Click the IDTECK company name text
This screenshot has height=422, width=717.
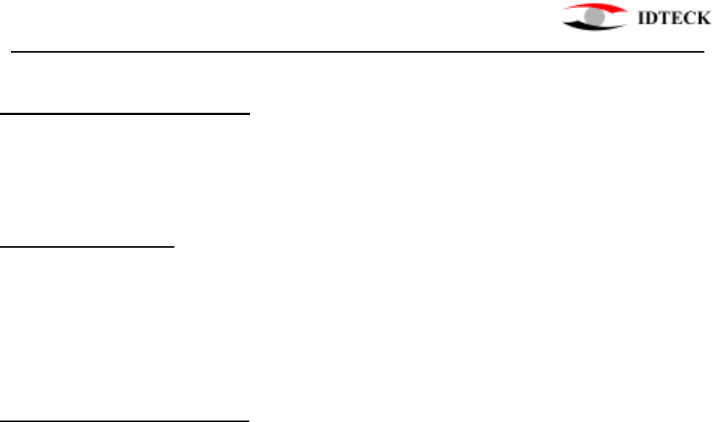pyautogui.click(x=674, y=20)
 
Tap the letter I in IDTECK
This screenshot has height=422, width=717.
pyautogui.click(x=642, y=20)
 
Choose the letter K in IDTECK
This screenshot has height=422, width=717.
pyautogui.click(x=700, y=20)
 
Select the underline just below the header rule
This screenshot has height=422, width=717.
pyautogui.click(x=126, y=114)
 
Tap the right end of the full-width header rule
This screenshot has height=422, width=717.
pyautogui.click(x=702, y=53)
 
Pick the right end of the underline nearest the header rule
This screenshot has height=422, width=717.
pyautogui.click(x=251, y=114)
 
